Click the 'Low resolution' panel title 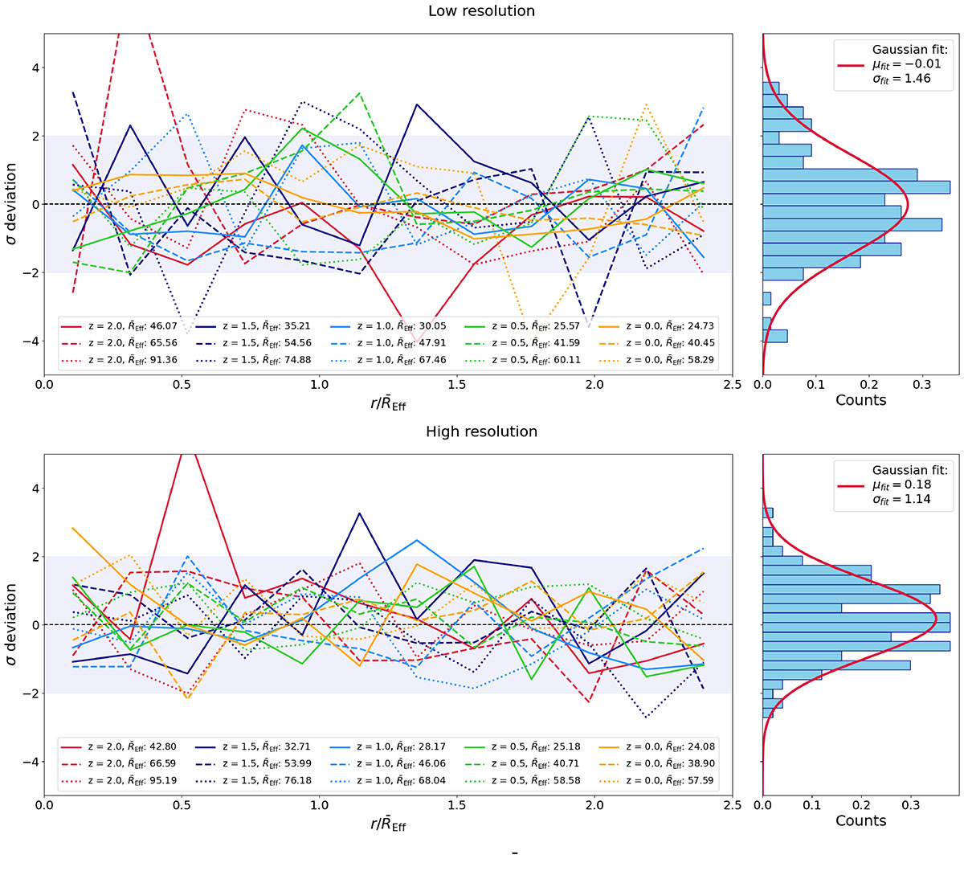coord(481,11)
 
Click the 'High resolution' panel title coord(481,431)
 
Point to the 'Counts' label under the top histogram coord(860,400)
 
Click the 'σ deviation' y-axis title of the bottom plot coord(11,624)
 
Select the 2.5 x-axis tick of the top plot coord(732,385)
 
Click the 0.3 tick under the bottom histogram coord(910,804)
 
